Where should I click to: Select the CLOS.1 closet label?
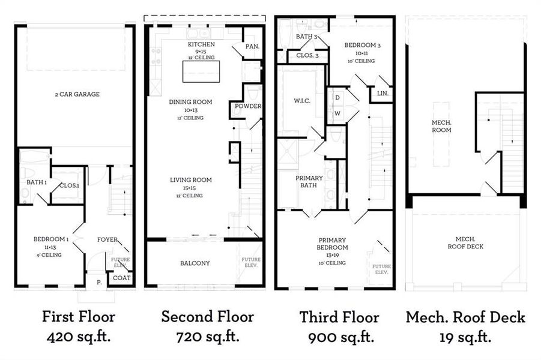coord(68,185)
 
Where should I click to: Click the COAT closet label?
coord(121,277)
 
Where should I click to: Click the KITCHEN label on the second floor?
coord(201,45)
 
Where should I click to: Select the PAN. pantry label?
coord(252,46)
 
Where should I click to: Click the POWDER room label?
coord(249,106)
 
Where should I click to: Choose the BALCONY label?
coord(195,263)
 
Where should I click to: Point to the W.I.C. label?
coord(301,100)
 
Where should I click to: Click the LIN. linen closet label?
coord(382,94)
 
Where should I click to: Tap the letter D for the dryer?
coord(337,97)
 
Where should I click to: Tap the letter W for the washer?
coord(337,113)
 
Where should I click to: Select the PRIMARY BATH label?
coord(309,182)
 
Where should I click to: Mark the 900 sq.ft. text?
coord(339,337)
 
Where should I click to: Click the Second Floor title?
coord(207,316)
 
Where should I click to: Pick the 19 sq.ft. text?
coord(465,337)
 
